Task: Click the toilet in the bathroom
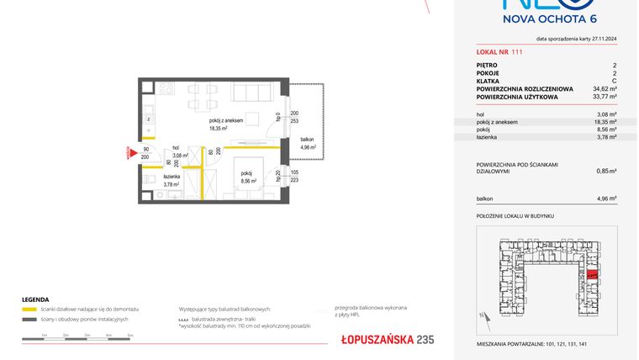click(x=149, y=177)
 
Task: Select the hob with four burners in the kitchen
click(x=166, y=89)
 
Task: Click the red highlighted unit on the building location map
click(x=592, y=274)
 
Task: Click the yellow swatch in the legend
click(x=29, y=310)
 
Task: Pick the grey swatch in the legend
click(x=29, y=320)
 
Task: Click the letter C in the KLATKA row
click(x=614, y=81)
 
